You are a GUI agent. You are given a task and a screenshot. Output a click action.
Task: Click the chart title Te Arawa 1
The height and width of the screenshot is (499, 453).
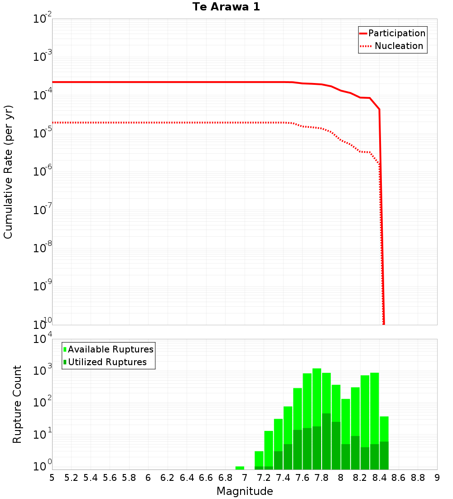click(x=226, y=7)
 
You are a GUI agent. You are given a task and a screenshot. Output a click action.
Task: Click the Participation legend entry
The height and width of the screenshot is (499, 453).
click(x=396, y=33)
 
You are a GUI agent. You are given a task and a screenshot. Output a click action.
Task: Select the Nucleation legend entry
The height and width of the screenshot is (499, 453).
click(x=398, y=46)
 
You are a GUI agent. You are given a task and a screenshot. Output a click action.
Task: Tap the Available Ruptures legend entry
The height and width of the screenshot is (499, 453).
click(x=111, y=349)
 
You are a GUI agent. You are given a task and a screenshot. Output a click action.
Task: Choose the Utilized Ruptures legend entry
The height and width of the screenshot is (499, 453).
click(x=107, y=362)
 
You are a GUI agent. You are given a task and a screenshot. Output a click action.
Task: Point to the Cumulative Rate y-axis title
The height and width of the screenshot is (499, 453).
click(x=8, y=172)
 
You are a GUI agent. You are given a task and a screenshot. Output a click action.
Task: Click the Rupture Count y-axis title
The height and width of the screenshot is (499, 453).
click(x=17, y=404)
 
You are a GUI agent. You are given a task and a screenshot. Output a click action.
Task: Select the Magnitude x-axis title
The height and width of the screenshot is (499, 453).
click(x=245, y=491)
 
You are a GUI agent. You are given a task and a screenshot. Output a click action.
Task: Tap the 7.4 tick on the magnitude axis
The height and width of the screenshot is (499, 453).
click(x=283, y=478)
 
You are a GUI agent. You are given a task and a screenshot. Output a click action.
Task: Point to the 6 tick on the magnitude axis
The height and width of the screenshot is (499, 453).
click(x=148, y=478)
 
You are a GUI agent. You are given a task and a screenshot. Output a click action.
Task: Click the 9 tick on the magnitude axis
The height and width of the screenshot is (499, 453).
click(x=437, y=478)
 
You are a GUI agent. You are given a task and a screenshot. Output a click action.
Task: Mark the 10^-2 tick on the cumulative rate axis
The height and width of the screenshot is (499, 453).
click(x=43, y=20)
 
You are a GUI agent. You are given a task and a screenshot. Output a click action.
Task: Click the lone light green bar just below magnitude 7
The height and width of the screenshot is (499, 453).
click(x=240, y=468)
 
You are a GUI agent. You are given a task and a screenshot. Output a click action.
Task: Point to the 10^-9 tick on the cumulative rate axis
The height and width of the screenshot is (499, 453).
click(x=43, y=287)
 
